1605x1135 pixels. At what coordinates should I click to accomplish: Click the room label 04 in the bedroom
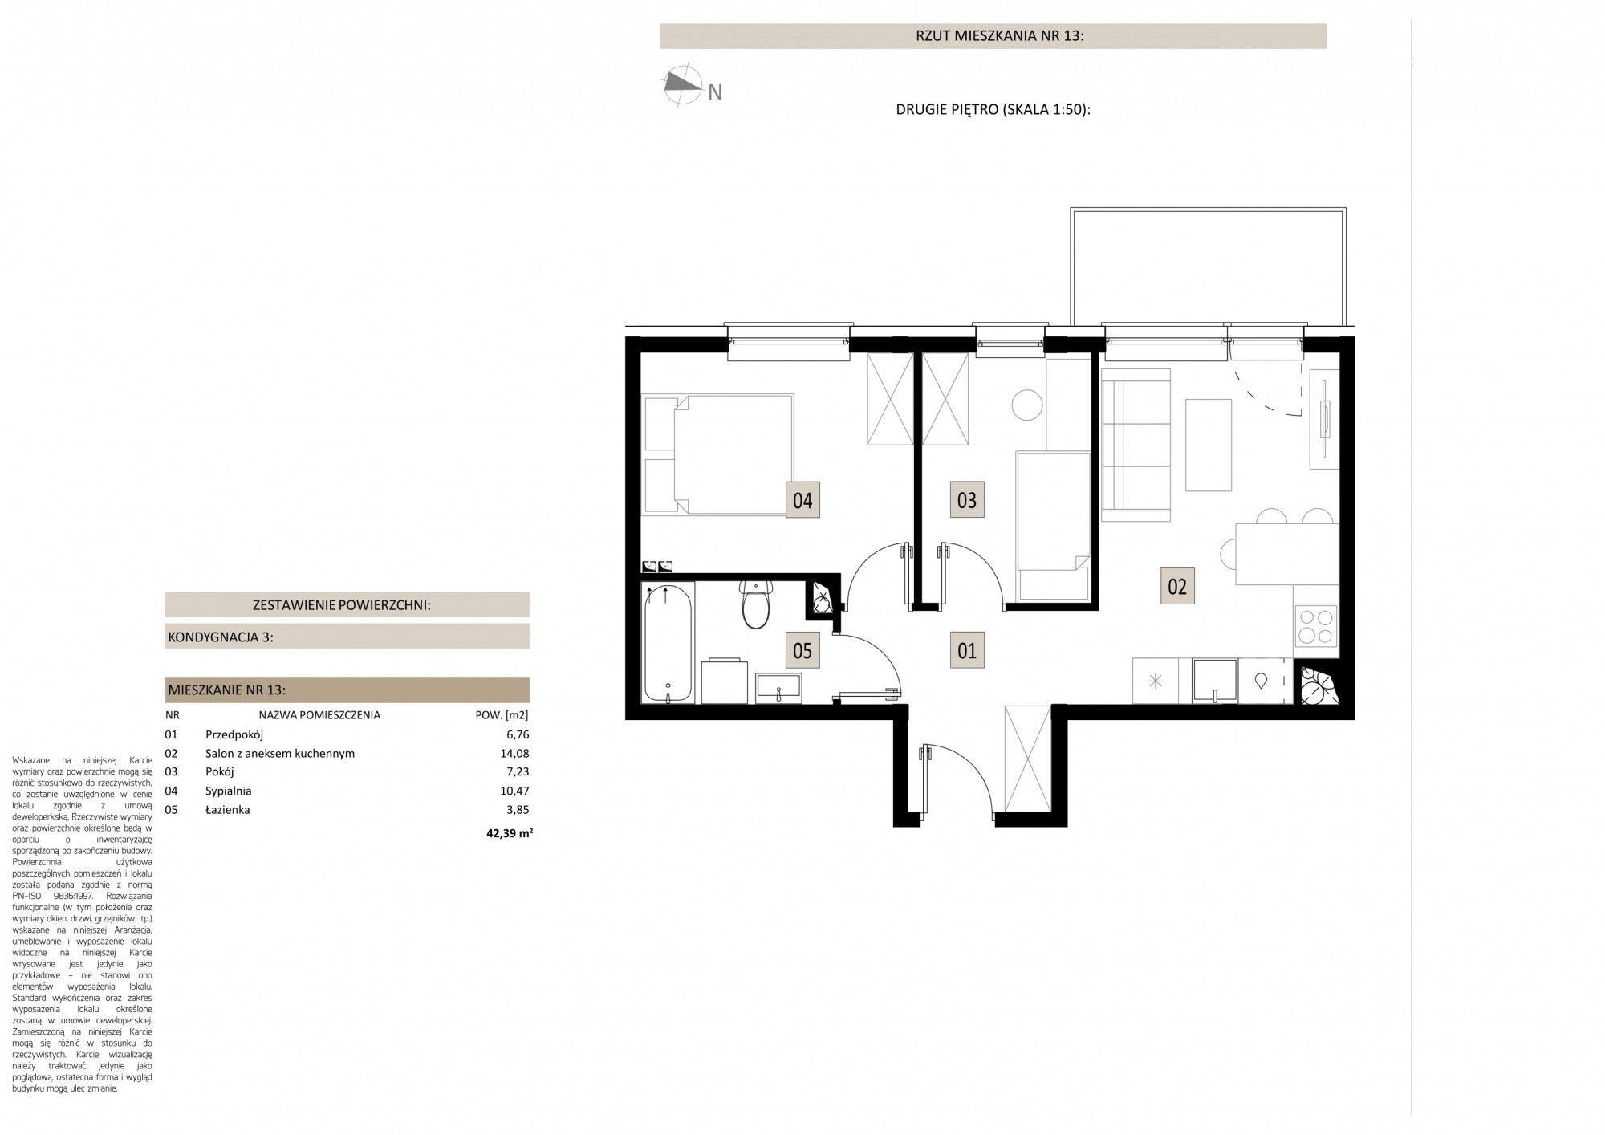tap(802, 500)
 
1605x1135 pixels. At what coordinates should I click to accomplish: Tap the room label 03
tap(967, 500)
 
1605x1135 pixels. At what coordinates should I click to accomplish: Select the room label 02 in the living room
tap(1177, 586)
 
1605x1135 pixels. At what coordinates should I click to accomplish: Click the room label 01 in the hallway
tap(967, 650)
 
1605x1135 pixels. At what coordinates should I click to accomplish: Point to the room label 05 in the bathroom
tap(802, 650)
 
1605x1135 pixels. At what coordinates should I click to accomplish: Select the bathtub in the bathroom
tap(668, 643)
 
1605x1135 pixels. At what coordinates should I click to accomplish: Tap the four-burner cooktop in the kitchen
tap(1316, 627)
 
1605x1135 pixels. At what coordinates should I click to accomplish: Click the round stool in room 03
tap(1027, 404)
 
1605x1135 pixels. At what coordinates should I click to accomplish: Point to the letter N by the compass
tap(715, 93)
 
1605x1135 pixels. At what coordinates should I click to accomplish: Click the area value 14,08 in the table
tap(514, 753)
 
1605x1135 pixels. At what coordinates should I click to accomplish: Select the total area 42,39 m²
tap(510, 833)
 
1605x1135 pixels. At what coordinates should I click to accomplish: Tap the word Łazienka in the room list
tap(228, 809)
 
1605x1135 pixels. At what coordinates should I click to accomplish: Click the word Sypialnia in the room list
tap(229, 791)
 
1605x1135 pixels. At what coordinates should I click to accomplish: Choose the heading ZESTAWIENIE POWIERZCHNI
tap(342, 605)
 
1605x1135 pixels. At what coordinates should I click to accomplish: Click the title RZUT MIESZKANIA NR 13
tap(999, 36)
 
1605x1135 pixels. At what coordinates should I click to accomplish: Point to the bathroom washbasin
tap(778, 687)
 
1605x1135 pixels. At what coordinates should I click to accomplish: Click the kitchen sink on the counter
tap(1215, 681)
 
